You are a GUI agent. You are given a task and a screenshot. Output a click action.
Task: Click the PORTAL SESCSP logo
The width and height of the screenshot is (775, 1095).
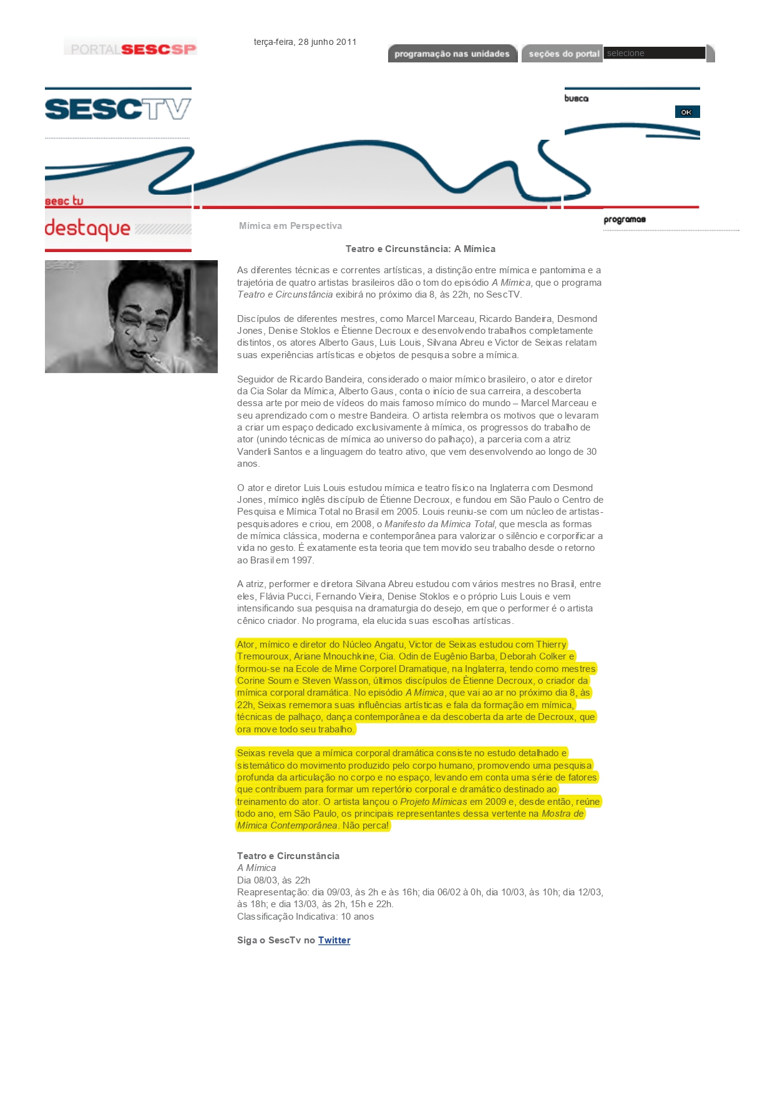pyautogui.click(x=130, y=48)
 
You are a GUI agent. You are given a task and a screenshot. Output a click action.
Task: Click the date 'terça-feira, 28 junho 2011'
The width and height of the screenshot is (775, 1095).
pyautogui.click(x=305, y=42)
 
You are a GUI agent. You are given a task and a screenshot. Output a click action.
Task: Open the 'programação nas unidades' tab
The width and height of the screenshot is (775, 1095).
pyautogui.click(x=452, y=54)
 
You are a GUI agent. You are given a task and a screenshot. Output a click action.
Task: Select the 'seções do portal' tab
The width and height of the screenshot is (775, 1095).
pyautogui.click(x=563, y=54)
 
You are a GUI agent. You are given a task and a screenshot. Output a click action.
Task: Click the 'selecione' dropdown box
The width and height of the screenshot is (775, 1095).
pyautogui.click(x=654, y=53)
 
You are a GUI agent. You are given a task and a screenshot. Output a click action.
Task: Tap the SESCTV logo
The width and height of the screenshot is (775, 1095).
pyautogui.click(x=118, y=109)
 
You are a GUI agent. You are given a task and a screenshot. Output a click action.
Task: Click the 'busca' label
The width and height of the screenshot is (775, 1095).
pyautogui.click(x=576, y=99)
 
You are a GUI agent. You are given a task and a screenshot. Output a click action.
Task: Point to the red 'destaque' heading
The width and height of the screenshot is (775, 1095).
pyautogui.click(x=87, y=228)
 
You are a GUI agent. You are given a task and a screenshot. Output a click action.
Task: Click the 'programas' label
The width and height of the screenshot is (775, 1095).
pyautogui.click(x=624, y=220)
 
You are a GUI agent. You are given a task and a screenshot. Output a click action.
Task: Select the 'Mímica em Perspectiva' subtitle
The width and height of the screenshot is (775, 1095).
pyautogui.click(x=290, y=226)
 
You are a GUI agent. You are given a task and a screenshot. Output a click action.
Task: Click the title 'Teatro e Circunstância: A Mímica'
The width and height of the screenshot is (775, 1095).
pyautogui.click(x=420, y=249)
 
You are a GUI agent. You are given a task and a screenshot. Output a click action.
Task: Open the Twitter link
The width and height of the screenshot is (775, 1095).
pyautogui.click(x=334, y=940)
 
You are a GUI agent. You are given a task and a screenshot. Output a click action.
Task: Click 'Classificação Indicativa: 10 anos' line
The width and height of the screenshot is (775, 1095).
pyautogui.click(x=305, y=917)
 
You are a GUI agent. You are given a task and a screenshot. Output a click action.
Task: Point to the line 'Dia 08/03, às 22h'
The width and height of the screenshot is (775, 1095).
pyautogui.click(x=273, y=880)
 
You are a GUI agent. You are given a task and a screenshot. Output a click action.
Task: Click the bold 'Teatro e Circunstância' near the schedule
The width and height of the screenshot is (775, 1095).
pyautogui.click(x=288, y=856)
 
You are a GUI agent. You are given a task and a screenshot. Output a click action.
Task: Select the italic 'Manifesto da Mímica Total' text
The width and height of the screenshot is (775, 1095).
pyautogui.click(x=439, y=524)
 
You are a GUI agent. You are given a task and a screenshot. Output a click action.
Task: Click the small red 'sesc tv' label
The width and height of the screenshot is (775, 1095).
pyautogui.click(x=64, y=201)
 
